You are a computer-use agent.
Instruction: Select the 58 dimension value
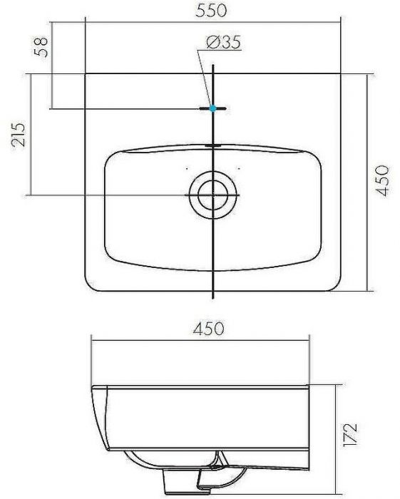pos(43,46)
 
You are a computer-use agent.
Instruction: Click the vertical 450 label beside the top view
pos(384,181)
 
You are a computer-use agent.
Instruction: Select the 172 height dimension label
pos(350,432)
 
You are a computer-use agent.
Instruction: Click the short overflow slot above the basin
pos(213,145)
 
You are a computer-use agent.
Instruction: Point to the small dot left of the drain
pos(186,168)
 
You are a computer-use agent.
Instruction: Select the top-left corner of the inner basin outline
pos(111,158)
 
